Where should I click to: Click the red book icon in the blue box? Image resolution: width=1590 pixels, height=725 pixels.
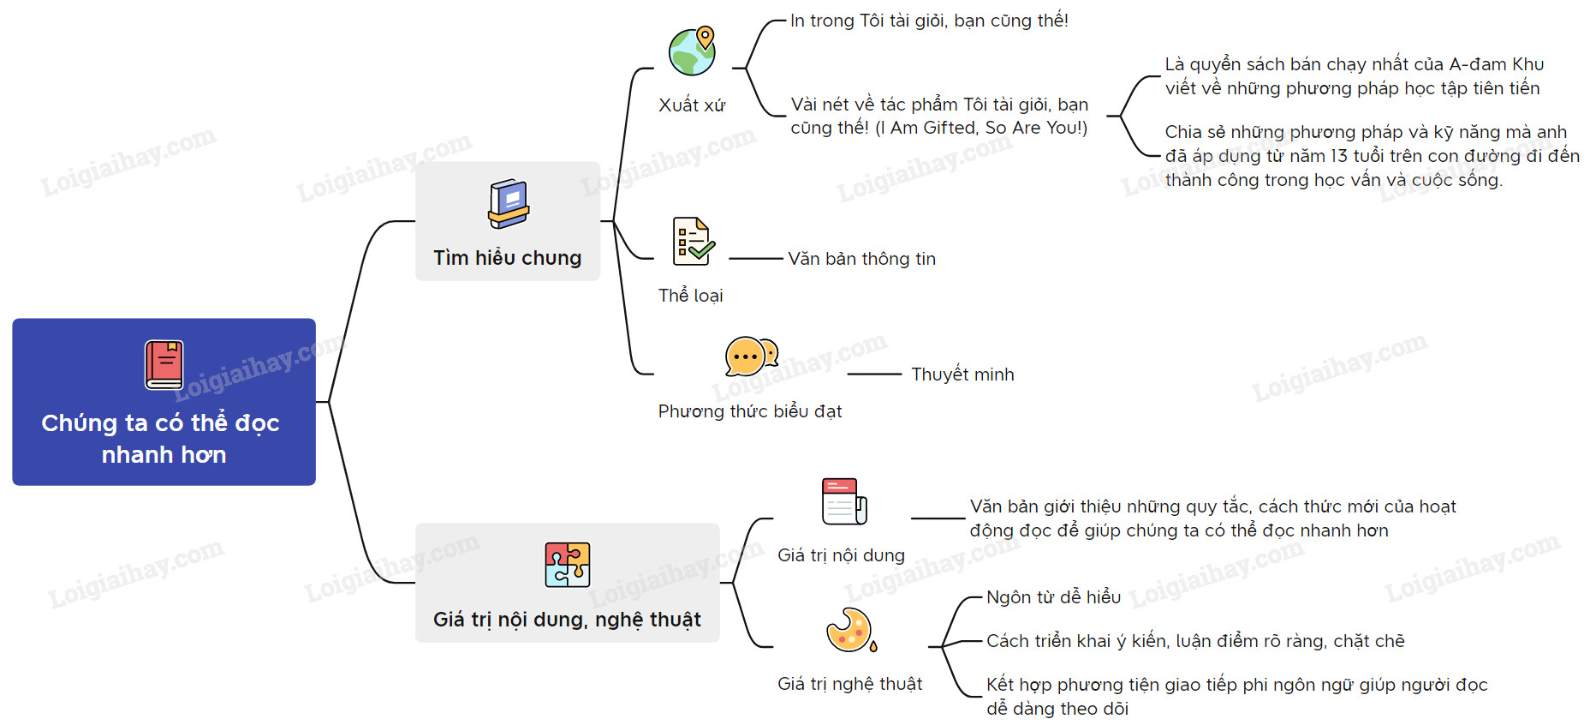point(164,364)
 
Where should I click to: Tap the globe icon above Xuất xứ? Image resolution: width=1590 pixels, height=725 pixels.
point(692,51)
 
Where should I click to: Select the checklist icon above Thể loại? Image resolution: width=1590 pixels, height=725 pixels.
point(693,241)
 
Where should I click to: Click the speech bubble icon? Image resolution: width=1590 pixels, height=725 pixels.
point(750,356)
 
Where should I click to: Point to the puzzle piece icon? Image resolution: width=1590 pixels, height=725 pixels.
point(567,565)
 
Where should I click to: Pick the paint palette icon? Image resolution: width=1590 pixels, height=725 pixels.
point(850,631)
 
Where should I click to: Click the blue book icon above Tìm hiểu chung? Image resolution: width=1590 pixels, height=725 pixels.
point(509,204)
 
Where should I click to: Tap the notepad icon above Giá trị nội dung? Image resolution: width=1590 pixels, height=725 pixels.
point(843,501)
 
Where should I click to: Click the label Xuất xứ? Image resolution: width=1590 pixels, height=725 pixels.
point(691,105)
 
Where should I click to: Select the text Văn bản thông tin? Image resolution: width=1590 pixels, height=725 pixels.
point(861,259)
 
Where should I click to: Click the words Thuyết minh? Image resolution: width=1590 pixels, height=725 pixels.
point(962,374)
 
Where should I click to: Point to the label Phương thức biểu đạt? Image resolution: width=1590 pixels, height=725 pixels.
point(749,411)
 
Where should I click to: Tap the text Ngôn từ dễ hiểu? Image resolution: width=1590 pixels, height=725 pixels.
point(1053,597)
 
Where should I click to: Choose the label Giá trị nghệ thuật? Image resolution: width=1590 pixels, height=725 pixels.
point(849,684)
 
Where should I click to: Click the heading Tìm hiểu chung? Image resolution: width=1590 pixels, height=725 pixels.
point(507,258)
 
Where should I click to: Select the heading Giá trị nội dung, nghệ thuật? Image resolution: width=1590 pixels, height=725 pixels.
point(567,620)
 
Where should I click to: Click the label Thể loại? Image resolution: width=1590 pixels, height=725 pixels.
point(690,296)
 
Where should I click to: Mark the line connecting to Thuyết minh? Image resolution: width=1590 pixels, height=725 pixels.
point(874,374)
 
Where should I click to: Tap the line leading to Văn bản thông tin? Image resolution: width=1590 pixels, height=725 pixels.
point(756,258)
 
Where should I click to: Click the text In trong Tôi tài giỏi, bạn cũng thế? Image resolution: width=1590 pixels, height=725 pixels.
point(929,21)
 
